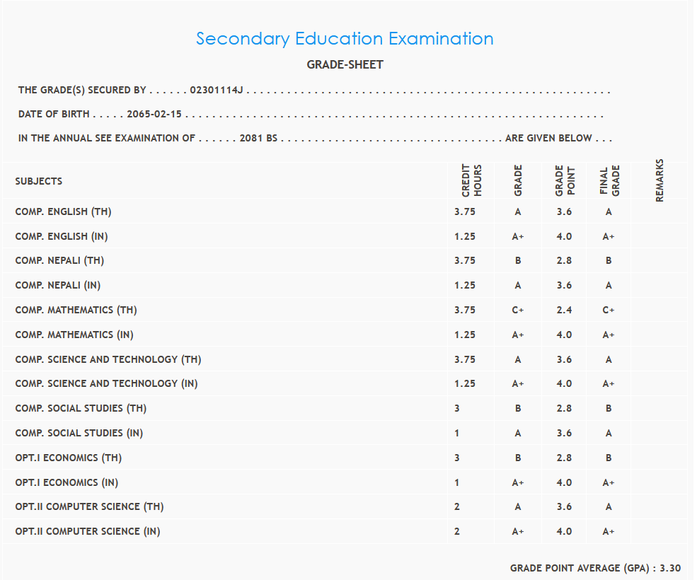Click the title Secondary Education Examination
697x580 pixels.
pyautogui.click(x=345, y=38)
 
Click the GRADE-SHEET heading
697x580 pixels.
pyautogui.click(x=345, y=64)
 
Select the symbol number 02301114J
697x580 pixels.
pyautogui.click(x=217, y=91)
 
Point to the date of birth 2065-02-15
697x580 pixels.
pyautogui.click(x=154, y=114)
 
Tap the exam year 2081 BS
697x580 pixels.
pyautogui.click(x=258, y=138)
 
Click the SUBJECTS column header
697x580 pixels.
pyautogui.click(x=39, y=181)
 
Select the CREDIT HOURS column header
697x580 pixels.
pyautogui.click(x=471, y=180)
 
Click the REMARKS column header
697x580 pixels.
pyautogui.click(x=659, y=180)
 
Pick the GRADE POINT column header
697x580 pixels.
pyautogui.click(x=565, y=181)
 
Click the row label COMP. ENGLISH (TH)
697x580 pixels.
pyautogui.click(x=63, y=211)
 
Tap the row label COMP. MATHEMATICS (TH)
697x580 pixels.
pyautogui.click(x=76, y=310)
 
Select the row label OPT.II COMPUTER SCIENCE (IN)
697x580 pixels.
pyautogui.click(x=88, y=531)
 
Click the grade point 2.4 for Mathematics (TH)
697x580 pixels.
pyautogui.click(x=564, y=310)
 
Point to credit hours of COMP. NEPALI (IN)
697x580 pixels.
pyautogui.click(x=465, y=286)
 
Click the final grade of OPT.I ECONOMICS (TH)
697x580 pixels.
pyautogui.click(x=609, y=458)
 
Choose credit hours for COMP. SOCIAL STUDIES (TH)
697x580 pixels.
pyautogui.click(x=457, y=408)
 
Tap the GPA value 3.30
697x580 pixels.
pyautogui.click(x=670, y=568)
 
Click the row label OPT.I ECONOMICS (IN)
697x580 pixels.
pyautogui.click(x=67, y=482)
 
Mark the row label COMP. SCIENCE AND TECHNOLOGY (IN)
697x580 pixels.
pyautogui.click(x=106, y=383)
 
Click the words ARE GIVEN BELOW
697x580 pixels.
pyautogui.click(x=548, y=138)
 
